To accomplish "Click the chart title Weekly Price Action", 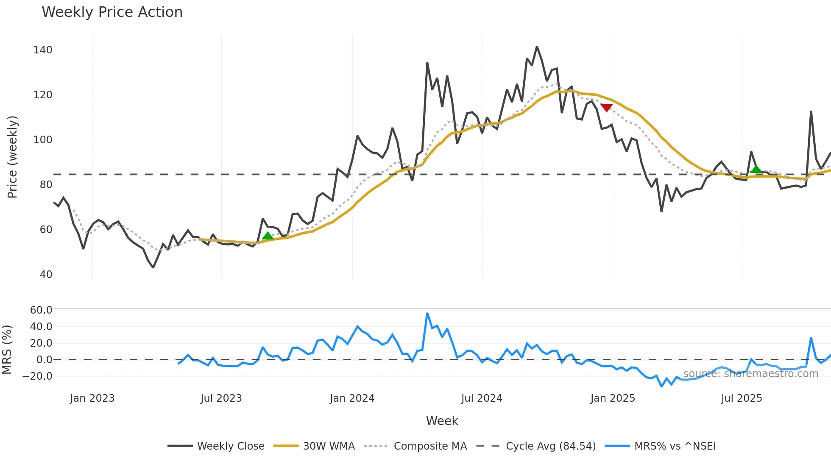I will (x=112, y=12).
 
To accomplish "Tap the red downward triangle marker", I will (x=607, y=108).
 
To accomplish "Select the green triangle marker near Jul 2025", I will (x=756, y=169).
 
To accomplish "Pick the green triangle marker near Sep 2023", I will (x=268, y=236).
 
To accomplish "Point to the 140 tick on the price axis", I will (x=43, y=50).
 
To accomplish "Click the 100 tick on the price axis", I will (x=43, y=140).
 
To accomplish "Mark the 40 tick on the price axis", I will (x=46, y=275).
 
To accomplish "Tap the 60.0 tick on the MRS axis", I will (x=41, y=310).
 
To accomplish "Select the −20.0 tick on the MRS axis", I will (x=38, y=376).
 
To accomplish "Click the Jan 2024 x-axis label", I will (x=352, y=398).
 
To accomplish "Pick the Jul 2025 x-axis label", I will (x=742, y=398).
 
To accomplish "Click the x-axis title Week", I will (x=442, y=421).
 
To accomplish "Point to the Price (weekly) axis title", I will (x=13, y=157).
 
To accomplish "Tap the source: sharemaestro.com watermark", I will (x=750, y=374).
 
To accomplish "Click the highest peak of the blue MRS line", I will (x=427, y=314).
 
